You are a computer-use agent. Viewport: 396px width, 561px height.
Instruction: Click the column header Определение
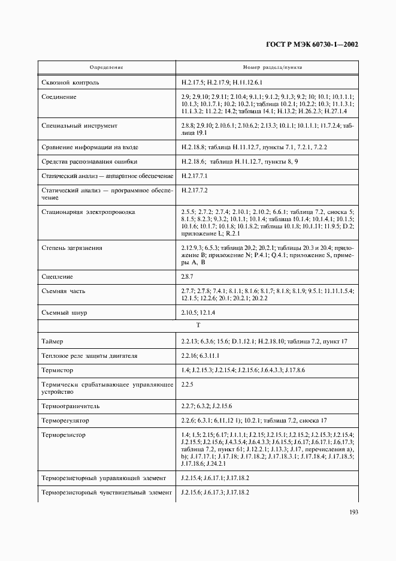[106, 67]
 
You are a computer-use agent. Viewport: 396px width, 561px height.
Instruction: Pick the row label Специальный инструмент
[79, 126]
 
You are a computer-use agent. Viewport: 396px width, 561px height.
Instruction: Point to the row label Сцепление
[58, 276]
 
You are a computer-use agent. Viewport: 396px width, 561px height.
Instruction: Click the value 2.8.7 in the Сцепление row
[187, 276]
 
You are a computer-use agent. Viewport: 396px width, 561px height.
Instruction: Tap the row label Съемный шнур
[65, 312]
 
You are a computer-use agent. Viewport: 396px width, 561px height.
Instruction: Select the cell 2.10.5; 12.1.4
[198, 312]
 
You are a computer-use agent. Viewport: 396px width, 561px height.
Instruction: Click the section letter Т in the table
[198, 325]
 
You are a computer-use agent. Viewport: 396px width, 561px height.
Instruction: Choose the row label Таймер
[54, 341]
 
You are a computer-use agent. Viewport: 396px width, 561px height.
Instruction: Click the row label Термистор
[58, 370]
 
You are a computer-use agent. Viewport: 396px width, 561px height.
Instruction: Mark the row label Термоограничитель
[71, 406]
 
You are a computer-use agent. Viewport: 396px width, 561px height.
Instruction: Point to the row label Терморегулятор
[65, 420]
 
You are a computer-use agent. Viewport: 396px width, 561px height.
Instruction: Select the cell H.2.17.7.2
[194, 190]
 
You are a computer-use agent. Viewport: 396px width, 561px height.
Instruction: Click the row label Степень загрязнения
[72, 248]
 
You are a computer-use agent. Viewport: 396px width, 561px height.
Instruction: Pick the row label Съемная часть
[64, 291]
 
